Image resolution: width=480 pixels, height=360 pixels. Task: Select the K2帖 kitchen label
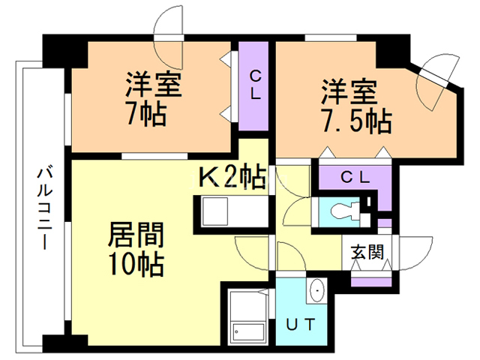(x=231, y=178)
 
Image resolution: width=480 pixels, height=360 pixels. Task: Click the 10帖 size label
(x=135, y=264)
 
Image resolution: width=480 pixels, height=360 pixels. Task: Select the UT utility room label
(x=303, y=324)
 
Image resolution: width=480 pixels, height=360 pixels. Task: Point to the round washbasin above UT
(x=316, y=289)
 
